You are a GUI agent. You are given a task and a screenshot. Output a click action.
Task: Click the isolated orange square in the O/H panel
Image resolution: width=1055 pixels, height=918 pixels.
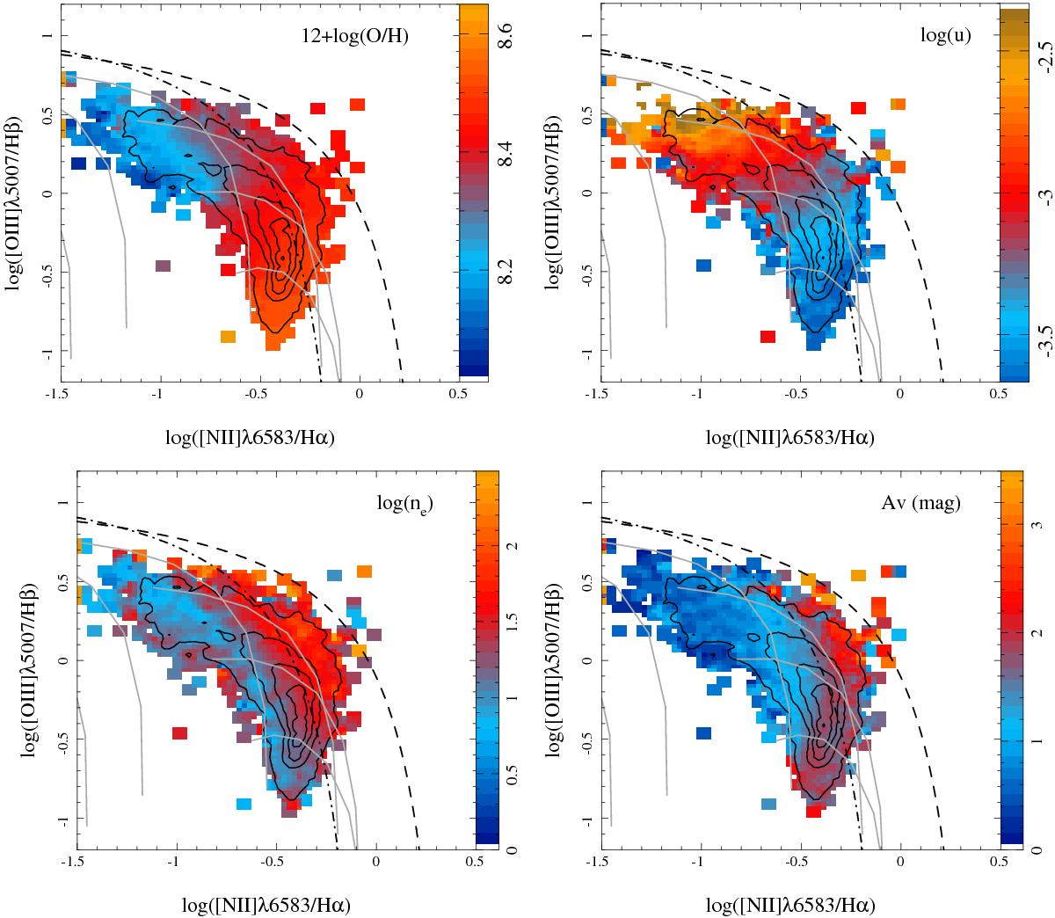click(x=228, y=336)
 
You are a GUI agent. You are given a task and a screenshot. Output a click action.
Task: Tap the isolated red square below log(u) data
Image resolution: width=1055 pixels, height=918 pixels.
click(x=768, y=336)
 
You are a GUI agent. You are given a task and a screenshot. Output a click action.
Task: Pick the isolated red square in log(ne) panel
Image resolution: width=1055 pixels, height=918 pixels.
click(x=178, y=732)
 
